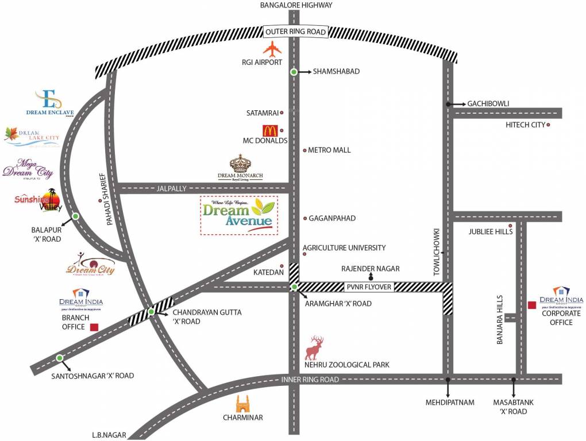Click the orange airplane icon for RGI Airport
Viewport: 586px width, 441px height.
click(x=273, y=49)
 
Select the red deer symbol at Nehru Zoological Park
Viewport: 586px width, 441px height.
click(x=315, y=347)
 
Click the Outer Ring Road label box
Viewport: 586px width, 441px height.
click(x=295, y=32)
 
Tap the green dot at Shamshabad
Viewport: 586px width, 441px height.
click(x=294, y=72)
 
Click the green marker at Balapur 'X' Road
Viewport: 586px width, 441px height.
click(x=75, y=217)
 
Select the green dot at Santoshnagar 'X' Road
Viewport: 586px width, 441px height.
click(x=59, y=358)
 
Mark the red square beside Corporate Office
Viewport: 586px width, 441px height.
click(x=532, y=305)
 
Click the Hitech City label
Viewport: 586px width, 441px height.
click(x=525, y=125)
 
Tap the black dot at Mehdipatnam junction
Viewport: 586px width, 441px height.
click(x=448, y=379)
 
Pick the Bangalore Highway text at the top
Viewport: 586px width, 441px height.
click(x=296, y=5)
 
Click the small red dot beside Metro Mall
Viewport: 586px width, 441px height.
click(x=304, y=150)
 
